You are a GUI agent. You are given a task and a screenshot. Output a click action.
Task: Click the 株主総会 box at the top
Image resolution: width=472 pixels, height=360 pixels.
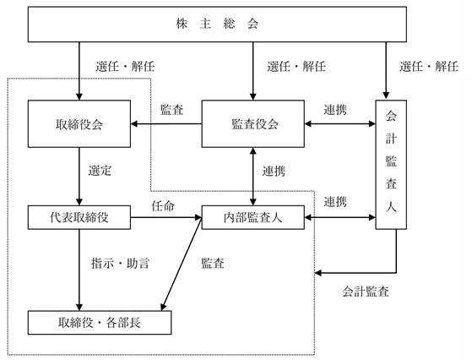(x=217, y=25)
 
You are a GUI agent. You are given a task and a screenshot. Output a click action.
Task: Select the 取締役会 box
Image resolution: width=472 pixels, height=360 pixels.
(x=79, y=124)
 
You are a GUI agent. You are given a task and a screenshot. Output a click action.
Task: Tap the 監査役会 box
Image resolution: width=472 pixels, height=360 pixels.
(x=252, y=124)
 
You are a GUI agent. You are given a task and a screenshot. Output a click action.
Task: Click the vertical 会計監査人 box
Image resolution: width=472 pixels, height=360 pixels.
(x=391, y=165)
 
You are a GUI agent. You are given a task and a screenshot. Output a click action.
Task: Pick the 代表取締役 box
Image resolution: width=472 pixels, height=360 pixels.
(x=79, y=217)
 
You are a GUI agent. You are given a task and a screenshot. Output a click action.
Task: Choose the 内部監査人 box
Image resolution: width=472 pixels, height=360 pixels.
(x=252, y=217)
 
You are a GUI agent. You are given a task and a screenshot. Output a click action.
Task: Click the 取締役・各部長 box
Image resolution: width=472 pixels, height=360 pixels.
(x=100, y=323)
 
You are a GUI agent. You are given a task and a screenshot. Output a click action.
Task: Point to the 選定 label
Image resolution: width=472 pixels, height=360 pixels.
(x=100, y=171)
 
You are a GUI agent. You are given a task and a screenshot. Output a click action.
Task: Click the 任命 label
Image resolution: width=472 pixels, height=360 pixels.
(x=163, y=206)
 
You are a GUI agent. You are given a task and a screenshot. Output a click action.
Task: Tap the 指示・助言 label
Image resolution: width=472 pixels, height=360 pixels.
(x=120, y=264)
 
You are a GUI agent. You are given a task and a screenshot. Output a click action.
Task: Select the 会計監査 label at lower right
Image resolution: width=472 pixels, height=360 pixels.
(x=366, y=292)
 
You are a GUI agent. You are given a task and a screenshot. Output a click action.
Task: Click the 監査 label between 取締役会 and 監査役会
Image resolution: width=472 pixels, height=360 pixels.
(x=171, y=110)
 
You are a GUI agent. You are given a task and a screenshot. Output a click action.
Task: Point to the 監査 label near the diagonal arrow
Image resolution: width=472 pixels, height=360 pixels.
(x=213, y=264)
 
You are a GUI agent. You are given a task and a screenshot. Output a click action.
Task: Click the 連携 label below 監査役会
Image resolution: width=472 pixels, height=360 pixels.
(x=274, y=171)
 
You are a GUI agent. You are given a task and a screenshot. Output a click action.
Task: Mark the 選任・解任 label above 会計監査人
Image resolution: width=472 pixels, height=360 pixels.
(x=429, y=66)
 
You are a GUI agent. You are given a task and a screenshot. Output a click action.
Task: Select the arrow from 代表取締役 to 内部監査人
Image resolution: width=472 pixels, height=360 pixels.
(x=166, y=217)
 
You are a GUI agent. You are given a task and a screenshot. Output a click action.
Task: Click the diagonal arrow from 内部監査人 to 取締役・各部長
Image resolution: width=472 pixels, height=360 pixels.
(x=182, y=264)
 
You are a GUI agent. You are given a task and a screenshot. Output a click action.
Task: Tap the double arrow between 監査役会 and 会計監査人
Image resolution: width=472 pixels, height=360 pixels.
(x=339, y=124)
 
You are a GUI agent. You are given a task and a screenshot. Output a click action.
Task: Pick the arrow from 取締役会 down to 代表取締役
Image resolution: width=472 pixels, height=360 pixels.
(x=79, y=177)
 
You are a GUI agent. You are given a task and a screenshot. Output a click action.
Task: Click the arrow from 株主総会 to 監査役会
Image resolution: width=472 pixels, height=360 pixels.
(x=252, y=71)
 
